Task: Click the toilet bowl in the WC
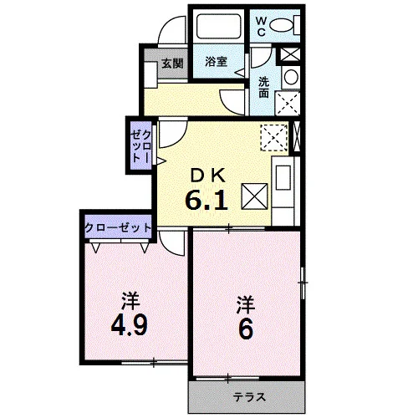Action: pyautogui.click(x=282, y=25)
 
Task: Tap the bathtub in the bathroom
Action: pyautogui.click(x=218, y=26)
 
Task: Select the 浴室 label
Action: pyautogui.click(x=216, y=62)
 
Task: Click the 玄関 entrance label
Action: pyautogui.click(x=172, y=64)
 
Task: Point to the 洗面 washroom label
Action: pyautogui.click(x=263, y=87)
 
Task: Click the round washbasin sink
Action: pyautogui.click(x=291, y=77)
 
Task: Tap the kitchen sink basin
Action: pyautogui.click(x=283, y=177)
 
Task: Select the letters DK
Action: pyautogui.click(x=208, y=176)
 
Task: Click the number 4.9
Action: pyautogui.click(x=129, y=327)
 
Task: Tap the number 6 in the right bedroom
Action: pyautogui.click(x=246, y=329)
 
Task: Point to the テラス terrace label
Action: pyautogui.click(x=249, y=397)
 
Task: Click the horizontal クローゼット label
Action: pyautogui.click(x=118, y=228)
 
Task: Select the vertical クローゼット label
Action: pyautogui.click(x=141, y=147)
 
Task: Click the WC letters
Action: pyautogui.click(x=261, y=27)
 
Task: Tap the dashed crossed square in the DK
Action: pyautogui.click(x=274, y=138)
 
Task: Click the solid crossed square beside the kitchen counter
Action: pyautogui.click(x=254, y=196)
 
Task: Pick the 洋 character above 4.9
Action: pyautogui.click(x=130, y=301)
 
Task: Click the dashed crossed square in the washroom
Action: pyautogui.click(x=288, y=104)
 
